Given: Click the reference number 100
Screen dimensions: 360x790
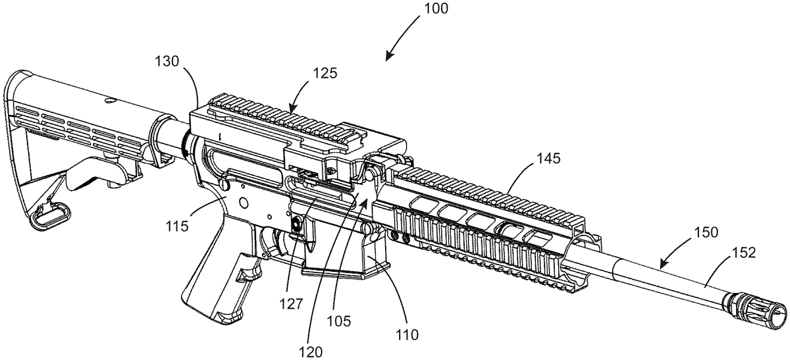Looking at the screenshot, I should click(432, 9).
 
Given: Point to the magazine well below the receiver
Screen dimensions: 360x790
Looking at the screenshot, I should click(342, 257).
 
